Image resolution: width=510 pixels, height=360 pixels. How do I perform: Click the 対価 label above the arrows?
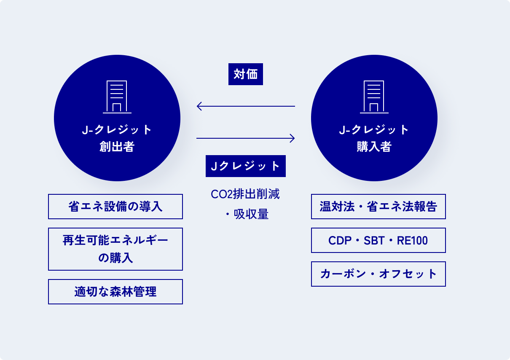(x=246, y=75)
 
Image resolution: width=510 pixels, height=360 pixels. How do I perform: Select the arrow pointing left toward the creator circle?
(x=246, y=106)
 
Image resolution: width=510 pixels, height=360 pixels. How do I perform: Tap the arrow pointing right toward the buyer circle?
(x=246, y=138)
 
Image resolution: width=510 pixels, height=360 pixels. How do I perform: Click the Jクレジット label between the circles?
(x=246, y=166)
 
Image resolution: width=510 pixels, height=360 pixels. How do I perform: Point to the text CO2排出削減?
(x=245, y=194)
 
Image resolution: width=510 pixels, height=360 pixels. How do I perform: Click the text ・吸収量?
(x=246, y=214)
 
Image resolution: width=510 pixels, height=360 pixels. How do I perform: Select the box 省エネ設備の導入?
(x=115, y=207)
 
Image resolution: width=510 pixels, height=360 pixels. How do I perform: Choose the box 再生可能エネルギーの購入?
(x=115, y=249)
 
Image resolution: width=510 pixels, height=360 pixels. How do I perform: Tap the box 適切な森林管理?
(x=115, y=292)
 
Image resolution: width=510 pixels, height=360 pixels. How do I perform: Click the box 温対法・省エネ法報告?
(x=378, y=207)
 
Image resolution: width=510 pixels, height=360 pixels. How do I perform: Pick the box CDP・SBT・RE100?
(x=378, y=240)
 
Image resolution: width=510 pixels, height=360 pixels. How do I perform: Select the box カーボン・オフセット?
(x=378, y=274)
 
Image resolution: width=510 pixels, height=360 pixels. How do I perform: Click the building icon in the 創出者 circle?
(x=117, y=97)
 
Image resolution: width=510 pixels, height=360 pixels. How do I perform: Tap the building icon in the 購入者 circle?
(x=374, y=97)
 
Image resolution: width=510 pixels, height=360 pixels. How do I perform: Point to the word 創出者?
(x=117, y=147)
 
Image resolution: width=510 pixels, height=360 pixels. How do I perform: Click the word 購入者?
(x=374, y=147)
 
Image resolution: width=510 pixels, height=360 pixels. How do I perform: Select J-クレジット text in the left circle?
(x=117, y=130)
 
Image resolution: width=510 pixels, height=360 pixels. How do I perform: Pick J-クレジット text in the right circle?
(x=374, y=130)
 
